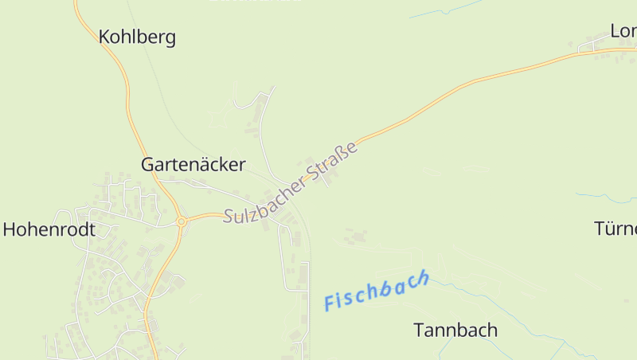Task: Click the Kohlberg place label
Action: coord(137,37)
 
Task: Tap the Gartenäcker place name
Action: coord(193,165)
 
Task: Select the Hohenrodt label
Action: coord(49,230)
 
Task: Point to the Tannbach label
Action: coord(455,330)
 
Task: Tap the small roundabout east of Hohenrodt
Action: coord(182,221)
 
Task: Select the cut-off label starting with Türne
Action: coord(616,229)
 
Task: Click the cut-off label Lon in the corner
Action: coord(623,31)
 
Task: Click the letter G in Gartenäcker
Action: coord(148,165)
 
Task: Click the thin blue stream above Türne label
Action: coord(605,197)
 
